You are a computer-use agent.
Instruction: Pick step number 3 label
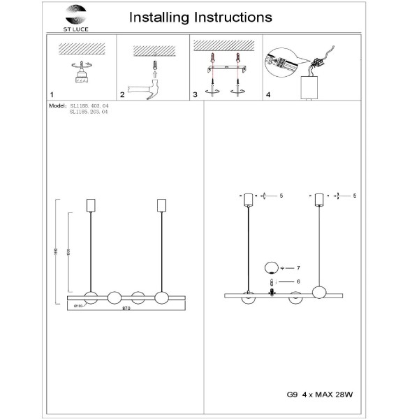pos(195,93)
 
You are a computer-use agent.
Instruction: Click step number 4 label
pos(267,93)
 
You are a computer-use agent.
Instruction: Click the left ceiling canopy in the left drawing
pos(90,205)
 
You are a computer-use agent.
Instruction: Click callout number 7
pos(297,267)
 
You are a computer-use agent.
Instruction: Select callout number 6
pos(297,281)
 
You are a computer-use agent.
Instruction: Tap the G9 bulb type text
pos(293,394)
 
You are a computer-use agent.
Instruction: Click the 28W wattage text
pos(344,394)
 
